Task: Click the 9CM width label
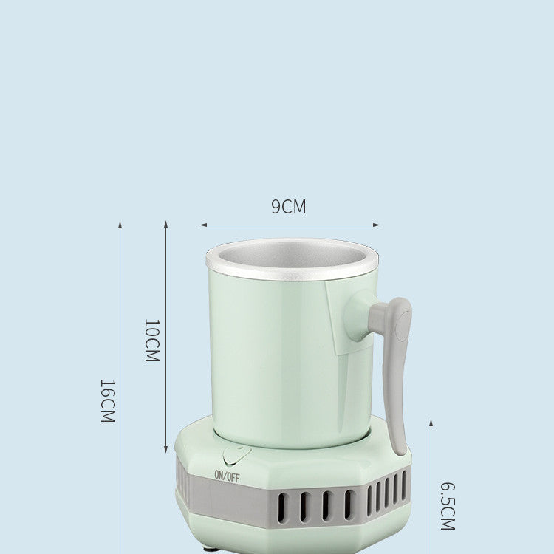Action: (288, 207)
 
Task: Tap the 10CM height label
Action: (151, 340)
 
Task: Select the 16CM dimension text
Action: (108, 400)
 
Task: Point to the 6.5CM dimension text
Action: (447, 506)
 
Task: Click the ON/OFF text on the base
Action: (227, 476)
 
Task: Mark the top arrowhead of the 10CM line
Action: (165, 222)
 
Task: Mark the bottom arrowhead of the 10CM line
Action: (165, 451)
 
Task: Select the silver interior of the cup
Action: (292, 256)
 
